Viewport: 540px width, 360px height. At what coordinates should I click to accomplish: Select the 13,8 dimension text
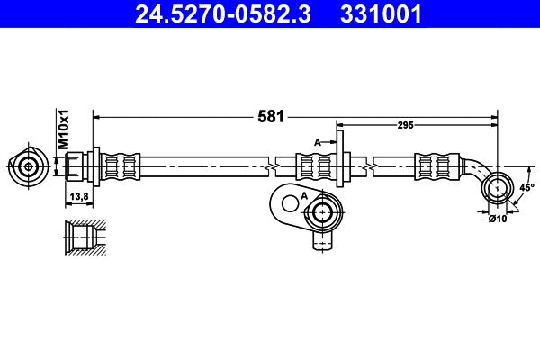pyautogui.click(x=78, y=195)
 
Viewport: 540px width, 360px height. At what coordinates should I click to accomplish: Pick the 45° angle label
pyautogui.click(x=526, y=187)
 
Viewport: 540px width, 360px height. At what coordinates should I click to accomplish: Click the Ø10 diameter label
pyautogui.click(x=497, y=218)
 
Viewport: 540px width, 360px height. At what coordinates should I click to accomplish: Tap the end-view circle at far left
pyautogui.click(x=29, y=166)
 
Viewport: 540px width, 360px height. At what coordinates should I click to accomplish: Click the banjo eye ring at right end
pyautogui.click(x=497, y=188)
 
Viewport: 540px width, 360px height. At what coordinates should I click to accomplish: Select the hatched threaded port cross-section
pyautogui.click(x=83, y=237)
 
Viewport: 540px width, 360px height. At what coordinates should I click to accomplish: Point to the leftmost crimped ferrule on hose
pyautogui.click(x=121, y=166)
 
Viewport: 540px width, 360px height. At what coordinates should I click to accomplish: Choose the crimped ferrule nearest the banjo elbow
pyautogui.click(x=434, y=166)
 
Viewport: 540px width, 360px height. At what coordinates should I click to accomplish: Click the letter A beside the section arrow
pyautogui.click(x=317, y=142)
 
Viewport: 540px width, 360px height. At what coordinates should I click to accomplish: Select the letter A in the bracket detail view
pyautogui.click(x=304, y=195)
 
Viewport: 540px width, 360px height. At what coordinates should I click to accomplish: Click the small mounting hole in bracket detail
pyautogui.click(x=286, y=202)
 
